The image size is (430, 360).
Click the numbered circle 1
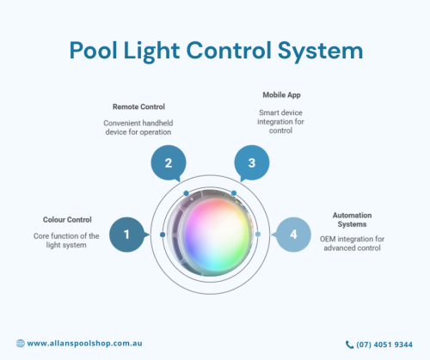tap(126, 235)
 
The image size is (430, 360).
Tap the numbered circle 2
tap(169, 162)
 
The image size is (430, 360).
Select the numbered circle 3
tap(252, 162)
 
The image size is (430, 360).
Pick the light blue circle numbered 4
tap(293, 235)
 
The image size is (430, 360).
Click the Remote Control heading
tap(138, 107)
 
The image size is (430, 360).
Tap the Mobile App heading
tap(281, 95)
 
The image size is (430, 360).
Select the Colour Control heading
tap(67, 220)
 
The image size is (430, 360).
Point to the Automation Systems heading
tap(352, 220)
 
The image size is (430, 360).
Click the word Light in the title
tap(151, 51)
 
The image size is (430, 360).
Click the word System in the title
tap(320, 51)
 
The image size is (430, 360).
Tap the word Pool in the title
tap(93, 51)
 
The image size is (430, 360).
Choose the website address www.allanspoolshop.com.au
tap(84, 344)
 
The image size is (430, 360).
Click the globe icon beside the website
tap(21, 343)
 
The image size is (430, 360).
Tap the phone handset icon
tap(349, 345)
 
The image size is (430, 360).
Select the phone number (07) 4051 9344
tap(384, 345)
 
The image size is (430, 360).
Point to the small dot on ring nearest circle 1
tap(163, 235)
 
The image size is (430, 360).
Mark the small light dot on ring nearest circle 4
tap(258, 235)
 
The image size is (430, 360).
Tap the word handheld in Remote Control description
tap(158, 123)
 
